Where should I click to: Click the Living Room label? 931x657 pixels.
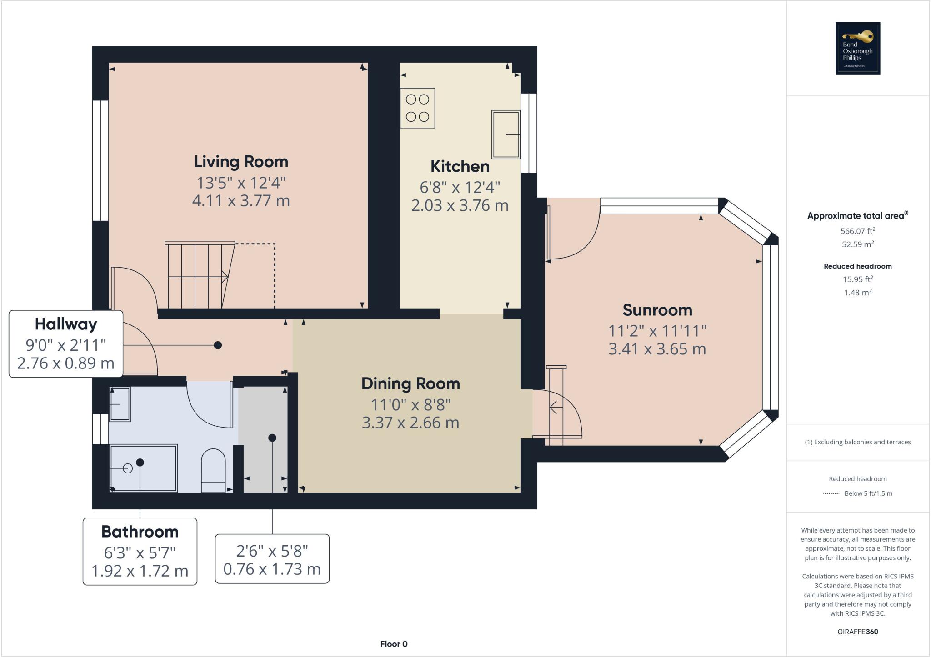[241, 162]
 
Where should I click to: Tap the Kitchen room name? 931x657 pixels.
[460, 166]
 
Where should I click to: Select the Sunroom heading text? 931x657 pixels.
[657, 310]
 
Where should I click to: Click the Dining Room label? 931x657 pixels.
[410, 383]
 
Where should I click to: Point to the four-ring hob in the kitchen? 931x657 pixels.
[417, 108]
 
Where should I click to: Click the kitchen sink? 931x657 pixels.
[506, 134]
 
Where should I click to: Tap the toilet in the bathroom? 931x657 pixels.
[213, 470]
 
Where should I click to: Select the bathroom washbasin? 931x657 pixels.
[120, 404]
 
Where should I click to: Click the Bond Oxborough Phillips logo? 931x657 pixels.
[857, 48]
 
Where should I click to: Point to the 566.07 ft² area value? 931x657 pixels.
[857, 231]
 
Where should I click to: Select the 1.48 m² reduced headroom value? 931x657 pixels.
[857, 293]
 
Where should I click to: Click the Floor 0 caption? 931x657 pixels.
[394, 644]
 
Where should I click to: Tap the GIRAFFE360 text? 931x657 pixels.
[857, 632]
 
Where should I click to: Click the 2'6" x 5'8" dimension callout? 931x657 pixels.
[272, 559]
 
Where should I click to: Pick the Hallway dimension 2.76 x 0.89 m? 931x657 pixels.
[65, 363]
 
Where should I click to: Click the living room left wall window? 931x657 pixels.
[100, 161]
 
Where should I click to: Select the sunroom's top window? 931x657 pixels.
[659, 206]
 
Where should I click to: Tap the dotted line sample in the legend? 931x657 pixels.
[831, 493]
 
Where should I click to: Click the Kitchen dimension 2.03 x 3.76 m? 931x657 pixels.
[460, 205]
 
